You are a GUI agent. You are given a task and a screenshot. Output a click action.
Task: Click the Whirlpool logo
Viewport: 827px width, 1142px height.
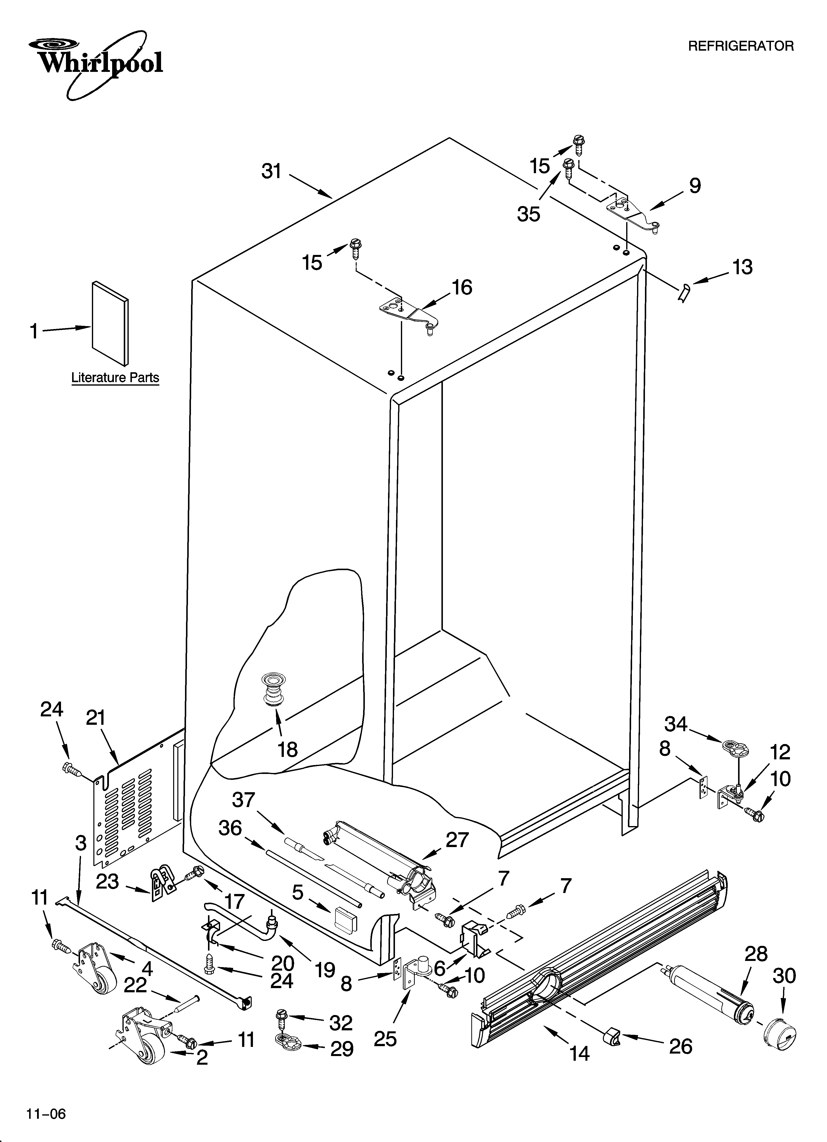[96, 63]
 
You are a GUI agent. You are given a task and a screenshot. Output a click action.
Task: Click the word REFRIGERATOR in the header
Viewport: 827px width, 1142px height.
[740, 46]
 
